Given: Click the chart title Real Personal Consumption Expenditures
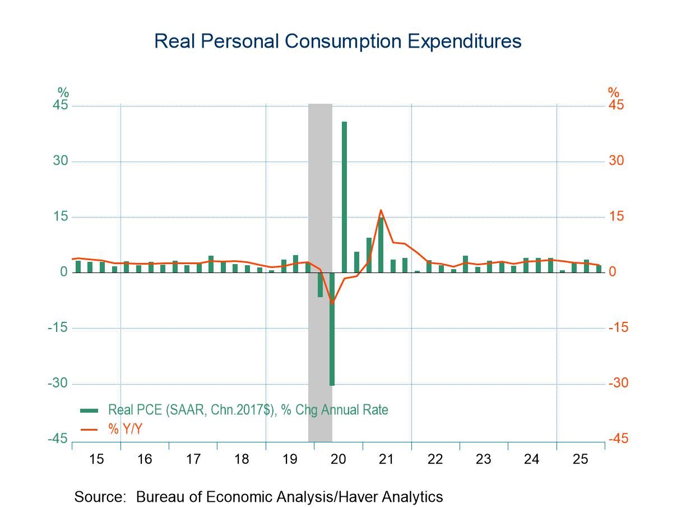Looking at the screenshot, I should [337, 41].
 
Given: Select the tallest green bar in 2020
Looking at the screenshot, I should [344, 196].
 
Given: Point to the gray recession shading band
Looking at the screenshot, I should [320, 168].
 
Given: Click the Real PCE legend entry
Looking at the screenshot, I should [248, 410].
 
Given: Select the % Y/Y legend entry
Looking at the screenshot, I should [125, 428].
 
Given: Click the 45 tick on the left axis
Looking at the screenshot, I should [60, 106].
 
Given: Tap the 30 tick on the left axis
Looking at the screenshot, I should [60, 161].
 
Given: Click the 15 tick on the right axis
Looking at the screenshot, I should [616, 217].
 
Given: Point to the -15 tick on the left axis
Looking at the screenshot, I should [58, 328].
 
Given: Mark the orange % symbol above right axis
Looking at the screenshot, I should [614, 92].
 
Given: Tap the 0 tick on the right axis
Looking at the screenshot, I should [613, 273].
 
